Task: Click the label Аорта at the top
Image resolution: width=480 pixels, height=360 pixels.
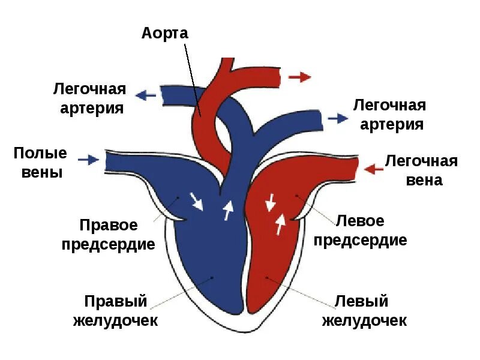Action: pyautogui.click(x=165, y=32)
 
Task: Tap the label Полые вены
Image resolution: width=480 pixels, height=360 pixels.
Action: pyautogui.click(x=40, y=163)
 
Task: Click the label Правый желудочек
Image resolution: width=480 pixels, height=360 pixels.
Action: pyautogui.click(x=115, y=310)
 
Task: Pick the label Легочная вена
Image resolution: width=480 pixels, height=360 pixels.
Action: pyautogui.click(x=421, y=170)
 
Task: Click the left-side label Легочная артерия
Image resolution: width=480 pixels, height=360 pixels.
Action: pyautogui.click(x=89, y=99)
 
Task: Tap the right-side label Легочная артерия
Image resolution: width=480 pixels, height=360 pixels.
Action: pyautogui.click(x=389, y=115)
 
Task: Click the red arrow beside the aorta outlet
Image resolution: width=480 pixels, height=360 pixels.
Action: pyautogui.click(x=299, y=77)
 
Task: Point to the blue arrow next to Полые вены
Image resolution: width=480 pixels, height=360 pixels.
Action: pyautogui.click(x=88, y=159)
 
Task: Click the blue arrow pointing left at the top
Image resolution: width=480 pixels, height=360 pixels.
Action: pyautogui.click(x=146, y=95)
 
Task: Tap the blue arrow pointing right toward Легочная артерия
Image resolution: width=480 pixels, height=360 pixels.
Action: pyautogui.click(x=338, y=118)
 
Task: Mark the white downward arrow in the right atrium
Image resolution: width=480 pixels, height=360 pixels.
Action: pyautogui.click(x=196, y=200)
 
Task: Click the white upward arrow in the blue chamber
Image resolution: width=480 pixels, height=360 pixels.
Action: pyautogui.click(x=227, y=210)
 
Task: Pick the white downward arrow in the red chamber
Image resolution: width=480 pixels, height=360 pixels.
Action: pyautogui.click(x=271, y=202)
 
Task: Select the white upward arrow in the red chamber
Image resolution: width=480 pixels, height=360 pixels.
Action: pyautogui.click(x=280, y=224)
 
